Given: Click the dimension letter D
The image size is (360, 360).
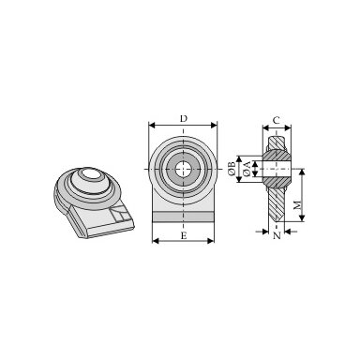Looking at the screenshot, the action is click(x=184, y=119).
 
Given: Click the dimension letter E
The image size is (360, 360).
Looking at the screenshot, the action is click(x=184, y=235).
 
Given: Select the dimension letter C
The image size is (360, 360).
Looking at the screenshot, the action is click(x=277, y=120).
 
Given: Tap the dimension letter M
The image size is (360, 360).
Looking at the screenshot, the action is click(x=298, y=205).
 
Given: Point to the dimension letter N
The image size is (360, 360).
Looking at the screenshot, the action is click(x=277, y=235).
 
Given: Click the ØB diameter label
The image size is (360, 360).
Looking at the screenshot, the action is click(x=232, y=169).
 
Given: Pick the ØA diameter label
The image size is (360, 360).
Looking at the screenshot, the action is click(x=247, y=169).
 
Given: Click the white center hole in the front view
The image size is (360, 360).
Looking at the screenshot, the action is click(x=183, y=170).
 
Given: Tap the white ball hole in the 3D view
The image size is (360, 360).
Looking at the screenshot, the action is click(x=91, y=172).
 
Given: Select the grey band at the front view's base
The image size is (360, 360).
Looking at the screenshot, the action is click(x=184, y=217).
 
